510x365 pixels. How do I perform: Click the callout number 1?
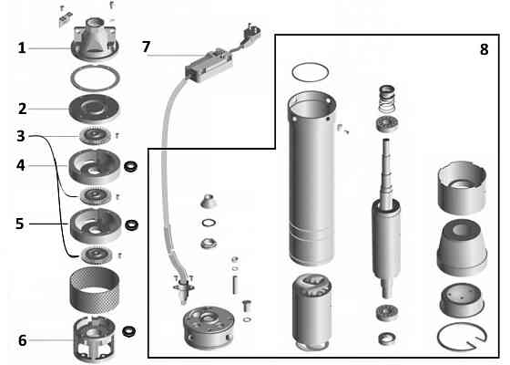tap(22, 48)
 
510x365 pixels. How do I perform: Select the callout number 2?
tap(22, 109)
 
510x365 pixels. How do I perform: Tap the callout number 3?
tap(21, 136)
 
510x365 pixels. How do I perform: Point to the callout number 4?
tap(20, 165)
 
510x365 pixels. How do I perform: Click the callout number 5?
tap(20, 224)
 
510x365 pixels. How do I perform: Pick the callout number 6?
tap(22, 340)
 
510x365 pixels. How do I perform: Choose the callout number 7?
tap(146, 47)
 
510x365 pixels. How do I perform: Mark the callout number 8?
tap(484, 49)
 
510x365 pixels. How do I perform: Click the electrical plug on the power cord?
tap(251, 34)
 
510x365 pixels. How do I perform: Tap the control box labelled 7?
tap(209, 65)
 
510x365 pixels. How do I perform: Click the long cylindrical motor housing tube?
tap(311, 178)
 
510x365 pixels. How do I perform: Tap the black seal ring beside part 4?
tap(131, 166)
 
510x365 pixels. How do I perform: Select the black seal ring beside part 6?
tap(129, 331)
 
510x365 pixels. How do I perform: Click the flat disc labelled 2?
tap(95, 109)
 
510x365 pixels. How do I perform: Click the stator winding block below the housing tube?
tap(311, 312)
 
